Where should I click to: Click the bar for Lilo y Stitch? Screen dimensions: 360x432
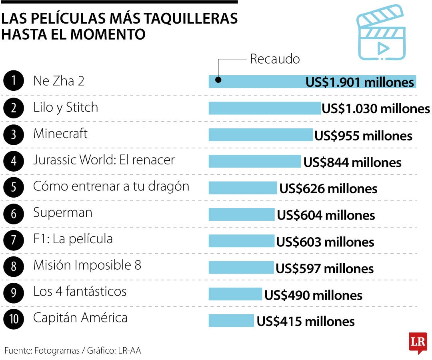tap(264, 108)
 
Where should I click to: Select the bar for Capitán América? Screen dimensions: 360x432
tap(231, 320)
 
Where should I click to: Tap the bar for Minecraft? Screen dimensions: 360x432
tap(260, 135)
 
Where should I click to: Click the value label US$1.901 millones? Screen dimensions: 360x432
tap(360, 82)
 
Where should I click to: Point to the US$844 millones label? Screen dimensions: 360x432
tap(352, 162)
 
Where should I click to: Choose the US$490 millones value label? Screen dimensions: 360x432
tap(313, 295)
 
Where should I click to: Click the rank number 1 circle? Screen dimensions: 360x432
tap(14, 81)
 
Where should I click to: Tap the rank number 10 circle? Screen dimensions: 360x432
tap(14, 319)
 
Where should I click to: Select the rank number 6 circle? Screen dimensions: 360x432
tap(14, 213)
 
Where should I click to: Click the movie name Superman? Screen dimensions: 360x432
tap(63, 212)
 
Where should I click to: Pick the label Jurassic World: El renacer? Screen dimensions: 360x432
tap(104, 160)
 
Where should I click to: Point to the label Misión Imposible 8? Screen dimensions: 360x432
tap(87, 265)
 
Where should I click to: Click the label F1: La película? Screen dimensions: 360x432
tap(73, 239)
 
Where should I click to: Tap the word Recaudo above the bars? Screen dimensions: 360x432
tap(275, 59)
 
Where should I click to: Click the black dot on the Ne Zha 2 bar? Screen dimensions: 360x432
tap(218, 79)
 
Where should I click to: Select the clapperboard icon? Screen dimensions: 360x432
tap(380, 33)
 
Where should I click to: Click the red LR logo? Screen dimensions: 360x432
tap(418, 342)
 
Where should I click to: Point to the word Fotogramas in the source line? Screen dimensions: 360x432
tap(57, 351)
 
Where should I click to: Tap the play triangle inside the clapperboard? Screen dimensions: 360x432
tap(383, 48)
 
